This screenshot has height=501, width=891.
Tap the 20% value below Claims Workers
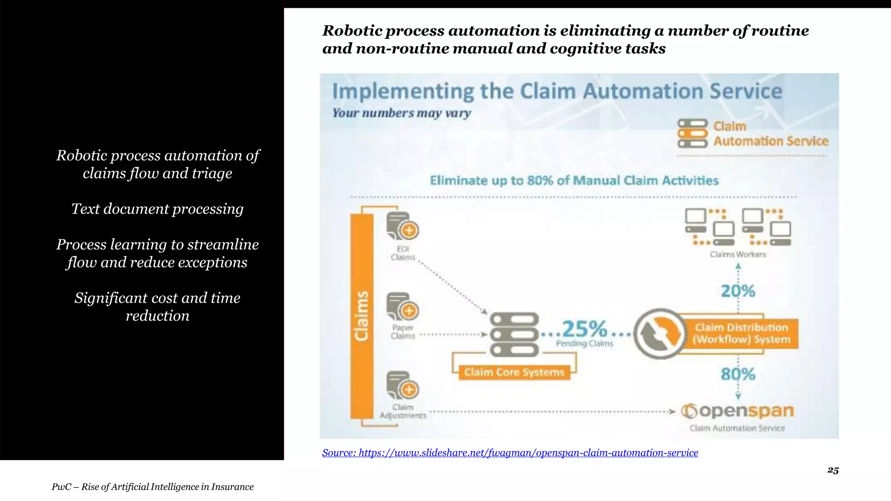(738, 291)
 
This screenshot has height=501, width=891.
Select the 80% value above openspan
(738, 374)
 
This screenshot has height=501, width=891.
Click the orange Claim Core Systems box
(514, 372)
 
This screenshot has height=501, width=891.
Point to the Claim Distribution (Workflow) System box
(741, 334)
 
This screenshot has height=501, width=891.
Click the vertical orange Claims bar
(362, 316)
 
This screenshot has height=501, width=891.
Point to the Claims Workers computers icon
(738, 227)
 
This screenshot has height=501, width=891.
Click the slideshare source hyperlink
(510, 453)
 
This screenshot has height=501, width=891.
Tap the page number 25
(833, 471)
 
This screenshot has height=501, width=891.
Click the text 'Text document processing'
(157, 209)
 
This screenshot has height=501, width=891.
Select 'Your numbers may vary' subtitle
(402, 113)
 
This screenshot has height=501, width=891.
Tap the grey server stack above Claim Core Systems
(514, 334)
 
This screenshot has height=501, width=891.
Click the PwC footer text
(153, 487)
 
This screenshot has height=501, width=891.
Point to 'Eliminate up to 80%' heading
(574, 180)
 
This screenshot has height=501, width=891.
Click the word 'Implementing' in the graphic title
(403, 92)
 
